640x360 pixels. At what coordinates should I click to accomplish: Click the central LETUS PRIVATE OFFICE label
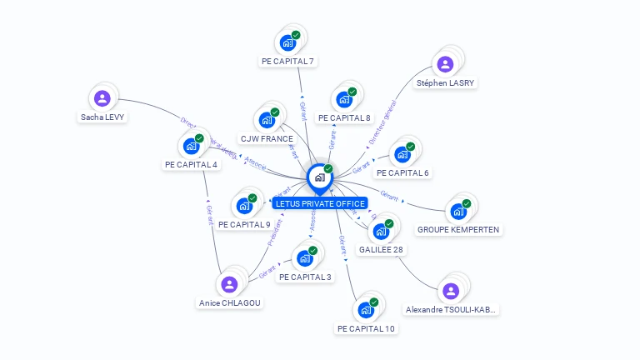click(320, 203)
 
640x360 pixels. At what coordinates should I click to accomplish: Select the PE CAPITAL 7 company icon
click(288, 42)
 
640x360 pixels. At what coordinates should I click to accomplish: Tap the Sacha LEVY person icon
click(102, 99)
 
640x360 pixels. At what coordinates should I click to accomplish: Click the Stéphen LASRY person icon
click(445, 64)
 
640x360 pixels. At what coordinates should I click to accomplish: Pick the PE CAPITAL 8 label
click(344, 117)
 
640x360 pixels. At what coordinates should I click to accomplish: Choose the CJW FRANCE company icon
click(267, 120)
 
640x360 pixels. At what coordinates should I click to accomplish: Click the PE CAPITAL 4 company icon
click(192, 146)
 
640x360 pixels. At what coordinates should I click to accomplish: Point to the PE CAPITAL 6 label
click(402, 172)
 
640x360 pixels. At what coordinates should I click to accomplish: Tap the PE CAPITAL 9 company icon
click(245, 205)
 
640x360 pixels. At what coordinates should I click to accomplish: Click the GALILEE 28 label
click(381, 249)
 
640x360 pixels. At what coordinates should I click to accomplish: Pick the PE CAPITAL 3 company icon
click(305, 258)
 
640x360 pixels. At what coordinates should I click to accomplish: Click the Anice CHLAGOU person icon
click(230, 284)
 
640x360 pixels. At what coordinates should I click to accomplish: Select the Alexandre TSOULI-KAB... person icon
click(451, 291)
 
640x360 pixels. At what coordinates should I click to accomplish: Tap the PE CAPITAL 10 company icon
click(366, 310)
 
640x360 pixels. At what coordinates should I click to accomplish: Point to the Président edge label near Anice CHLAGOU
click(274, 232)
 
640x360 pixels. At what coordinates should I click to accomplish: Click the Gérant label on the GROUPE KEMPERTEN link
click(389, 195)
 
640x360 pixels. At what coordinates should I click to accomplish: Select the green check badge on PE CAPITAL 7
click(296, 35)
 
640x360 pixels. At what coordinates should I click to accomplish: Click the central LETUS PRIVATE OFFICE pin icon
click(319, 177)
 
